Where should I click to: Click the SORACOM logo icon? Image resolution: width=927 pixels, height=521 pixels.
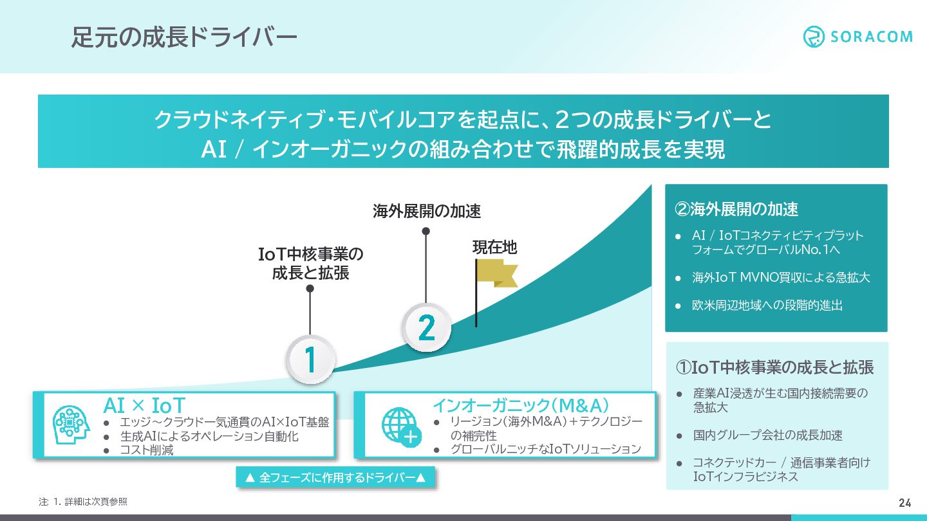(814, 37)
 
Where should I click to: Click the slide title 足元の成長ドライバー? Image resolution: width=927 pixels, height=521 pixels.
(184, 37)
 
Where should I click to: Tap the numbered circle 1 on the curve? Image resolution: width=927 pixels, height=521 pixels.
(310, 360)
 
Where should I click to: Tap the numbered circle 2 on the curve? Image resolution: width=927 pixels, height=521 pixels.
(426, 328)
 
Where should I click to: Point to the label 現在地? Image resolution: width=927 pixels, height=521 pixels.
(495, 247)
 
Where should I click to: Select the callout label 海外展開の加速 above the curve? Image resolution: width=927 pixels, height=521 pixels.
(427, 211)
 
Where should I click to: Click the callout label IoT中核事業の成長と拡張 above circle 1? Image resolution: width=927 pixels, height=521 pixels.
(310, 264)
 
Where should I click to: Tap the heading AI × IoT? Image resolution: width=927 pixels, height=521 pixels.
(144, 406)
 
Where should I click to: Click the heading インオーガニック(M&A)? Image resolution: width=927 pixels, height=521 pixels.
(521, 405)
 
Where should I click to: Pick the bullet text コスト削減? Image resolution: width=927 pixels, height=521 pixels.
(147, 450)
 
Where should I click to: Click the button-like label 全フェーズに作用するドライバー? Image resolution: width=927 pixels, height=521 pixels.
(335, 477)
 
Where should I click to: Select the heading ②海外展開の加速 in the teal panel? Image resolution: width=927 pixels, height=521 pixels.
(736, 209)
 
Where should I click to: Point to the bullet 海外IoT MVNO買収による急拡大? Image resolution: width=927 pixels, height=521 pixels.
(781, 277)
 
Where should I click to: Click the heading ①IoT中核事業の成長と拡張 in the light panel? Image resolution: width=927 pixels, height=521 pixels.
(774, 367)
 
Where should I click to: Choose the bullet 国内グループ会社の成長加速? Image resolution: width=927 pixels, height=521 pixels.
(768, 435)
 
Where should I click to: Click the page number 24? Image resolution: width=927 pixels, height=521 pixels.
(904, 502)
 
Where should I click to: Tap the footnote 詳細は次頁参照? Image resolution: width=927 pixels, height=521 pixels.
(95, 502)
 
